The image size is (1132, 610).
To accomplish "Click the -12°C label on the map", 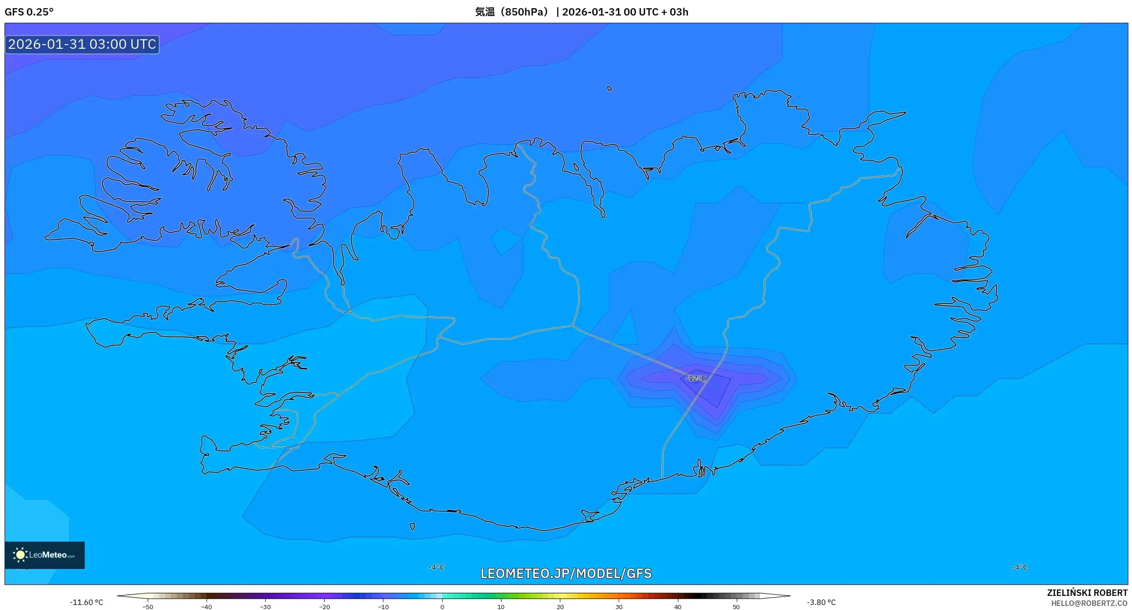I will pos(695,378).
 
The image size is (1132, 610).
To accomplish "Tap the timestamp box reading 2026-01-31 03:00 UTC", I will pos(82,44).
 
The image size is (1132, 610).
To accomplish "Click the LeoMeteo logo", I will pos(45,555).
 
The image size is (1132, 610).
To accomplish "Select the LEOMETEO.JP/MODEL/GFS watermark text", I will pos(566,574).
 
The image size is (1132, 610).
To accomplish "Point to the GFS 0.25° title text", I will pos(29,12).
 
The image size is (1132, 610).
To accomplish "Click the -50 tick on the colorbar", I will pos(148,606).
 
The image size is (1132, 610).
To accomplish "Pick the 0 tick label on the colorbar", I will pos(442,606).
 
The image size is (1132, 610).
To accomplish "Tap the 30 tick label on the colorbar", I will pos(619,606).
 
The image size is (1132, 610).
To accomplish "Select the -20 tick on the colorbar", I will pos(324,606).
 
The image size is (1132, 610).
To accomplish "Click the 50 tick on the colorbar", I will pos(736,606).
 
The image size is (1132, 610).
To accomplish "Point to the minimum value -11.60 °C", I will pos(86,602).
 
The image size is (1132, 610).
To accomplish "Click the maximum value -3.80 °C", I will pos(821,602).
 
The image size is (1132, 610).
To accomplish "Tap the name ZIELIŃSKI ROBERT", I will pos(1087,593).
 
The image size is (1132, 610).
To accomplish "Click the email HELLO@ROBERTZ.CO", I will pos(1089,603).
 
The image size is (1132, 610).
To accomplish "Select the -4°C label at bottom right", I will pos(1019,567).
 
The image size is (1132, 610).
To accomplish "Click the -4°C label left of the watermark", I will pos(436,567).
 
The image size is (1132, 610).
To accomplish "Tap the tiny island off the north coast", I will pos(610,88).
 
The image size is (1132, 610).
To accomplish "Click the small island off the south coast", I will pos(412,527).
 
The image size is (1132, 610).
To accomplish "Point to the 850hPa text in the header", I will pos(524,12).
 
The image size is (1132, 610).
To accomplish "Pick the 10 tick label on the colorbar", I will pos(501,606).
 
